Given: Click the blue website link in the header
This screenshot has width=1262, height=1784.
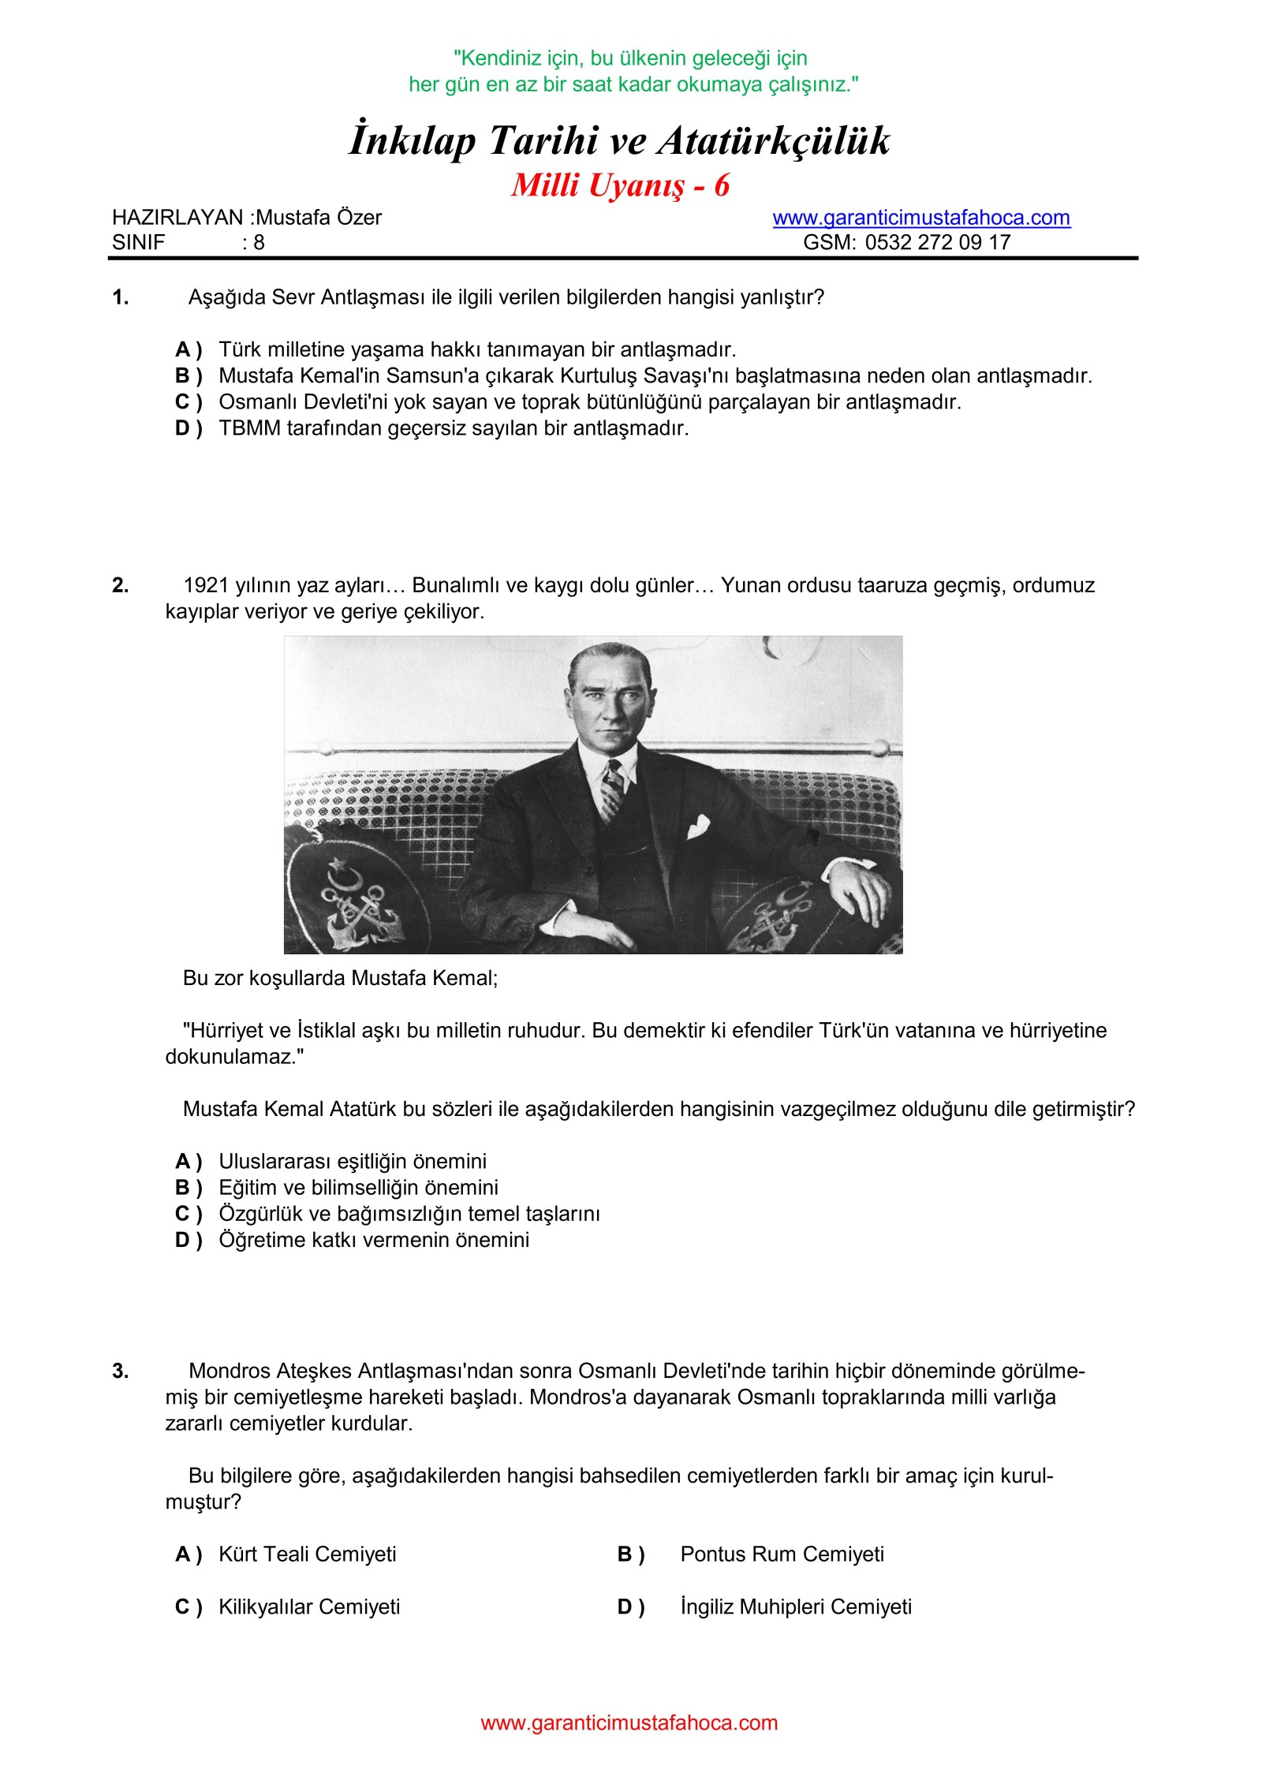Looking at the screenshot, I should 921,218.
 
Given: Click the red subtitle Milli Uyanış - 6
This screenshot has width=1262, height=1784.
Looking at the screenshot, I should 621,186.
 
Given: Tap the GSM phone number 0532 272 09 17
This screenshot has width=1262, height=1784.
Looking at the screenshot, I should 938,242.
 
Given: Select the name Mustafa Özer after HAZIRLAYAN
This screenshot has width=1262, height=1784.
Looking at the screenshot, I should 319,218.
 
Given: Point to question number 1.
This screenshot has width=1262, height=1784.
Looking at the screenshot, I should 121,298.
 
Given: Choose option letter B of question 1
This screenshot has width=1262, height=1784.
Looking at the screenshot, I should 188,376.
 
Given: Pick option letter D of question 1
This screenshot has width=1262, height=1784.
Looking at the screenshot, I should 188,429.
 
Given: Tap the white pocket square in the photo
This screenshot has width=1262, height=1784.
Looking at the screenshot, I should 698,827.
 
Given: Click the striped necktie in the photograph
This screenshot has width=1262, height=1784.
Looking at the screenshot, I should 612,789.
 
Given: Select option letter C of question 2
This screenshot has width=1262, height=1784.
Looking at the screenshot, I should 188,1214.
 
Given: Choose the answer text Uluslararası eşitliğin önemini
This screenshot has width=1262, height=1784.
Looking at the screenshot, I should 353,1161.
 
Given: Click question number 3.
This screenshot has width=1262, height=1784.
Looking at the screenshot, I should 121,1372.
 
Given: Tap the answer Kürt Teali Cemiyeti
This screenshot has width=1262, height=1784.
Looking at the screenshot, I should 308,1554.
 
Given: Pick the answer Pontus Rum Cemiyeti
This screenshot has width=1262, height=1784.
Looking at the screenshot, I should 782,1554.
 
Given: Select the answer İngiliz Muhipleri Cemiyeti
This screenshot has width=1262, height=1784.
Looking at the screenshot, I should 796,1607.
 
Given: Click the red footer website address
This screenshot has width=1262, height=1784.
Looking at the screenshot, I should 629,1722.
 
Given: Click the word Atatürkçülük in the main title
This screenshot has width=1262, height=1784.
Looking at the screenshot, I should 774,142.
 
